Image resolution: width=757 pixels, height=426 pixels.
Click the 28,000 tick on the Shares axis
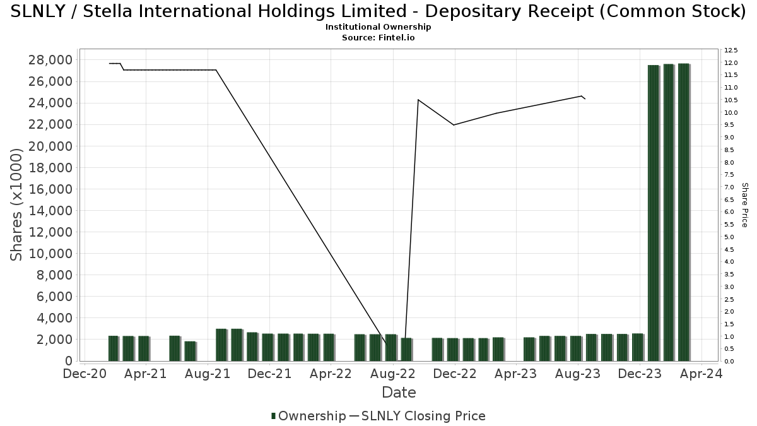pos(50,60)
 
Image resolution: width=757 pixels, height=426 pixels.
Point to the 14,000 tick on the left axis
pos(50,211)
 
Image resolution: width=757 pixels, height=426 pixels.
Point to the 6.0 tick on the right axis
pos(730,212)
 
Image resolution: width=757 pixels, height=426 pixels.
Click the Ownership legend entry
pos(308,416)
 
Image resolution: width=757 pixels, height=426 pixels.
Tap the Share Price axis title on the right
pos(745,204)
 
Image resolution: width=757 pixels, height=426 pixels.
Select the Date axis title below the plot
pos(399,393)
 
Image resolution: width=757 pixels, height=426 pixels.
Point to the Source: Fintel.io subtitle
pos(378,37)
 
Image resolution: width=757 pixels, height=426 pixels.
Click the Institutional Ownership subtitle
pos(378,27)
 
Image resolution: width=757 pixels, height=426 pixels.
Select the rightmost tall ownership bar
pos(684,212)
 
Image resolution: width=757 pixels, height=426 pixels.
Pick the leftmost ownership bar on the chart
pos(113,348)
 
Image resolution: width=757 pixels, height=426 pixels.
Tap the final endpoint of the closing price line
pos(585,99)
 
